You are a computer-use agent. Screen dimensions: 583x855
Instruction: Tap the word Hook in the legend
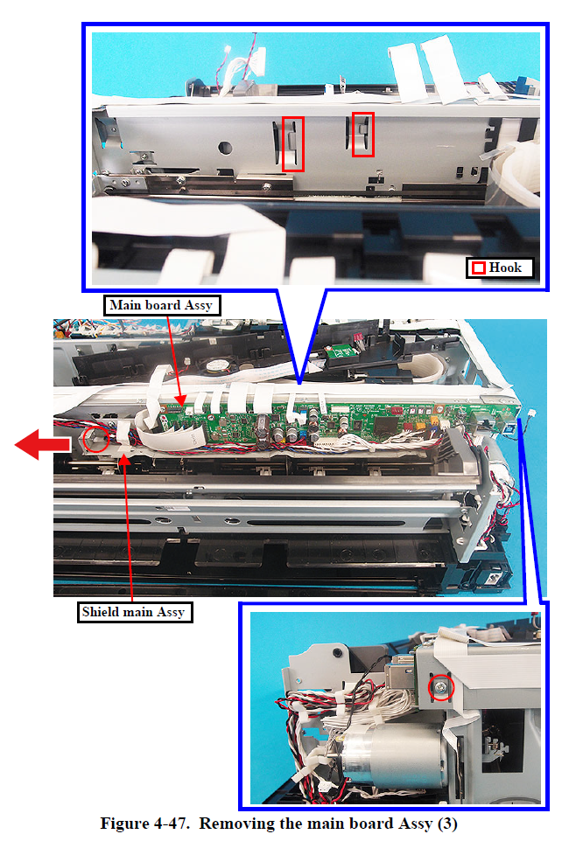(x=505, y=268)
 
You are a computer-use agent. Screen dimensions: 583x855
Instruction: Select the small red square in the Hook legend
(x=479, y=268)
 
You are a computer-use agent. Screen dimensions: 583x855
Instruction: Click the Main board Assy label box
(x=162, y=305)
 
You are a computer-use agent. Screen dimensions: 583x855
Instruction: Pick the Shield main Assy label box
(x=134, y=612)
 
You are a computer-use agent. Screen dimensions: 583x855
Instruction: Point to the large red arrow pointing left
(x=43, y=444)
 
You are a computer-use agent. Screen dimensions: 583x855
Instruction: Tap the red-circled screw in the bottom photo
(x=440, y=688)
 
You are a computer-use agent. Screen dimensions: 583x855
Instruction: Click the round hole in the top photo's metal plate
(x=225, y=147)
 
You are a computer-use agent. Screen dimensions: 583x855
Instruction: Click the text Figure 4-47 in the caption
(x=144, y=824)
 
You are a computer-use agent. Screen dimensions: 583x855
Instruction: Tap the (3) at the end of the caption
(x=447, y=824)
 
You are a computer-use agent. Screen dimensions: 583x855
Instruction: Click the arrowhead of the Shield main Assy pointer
(x=125, y=458)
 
